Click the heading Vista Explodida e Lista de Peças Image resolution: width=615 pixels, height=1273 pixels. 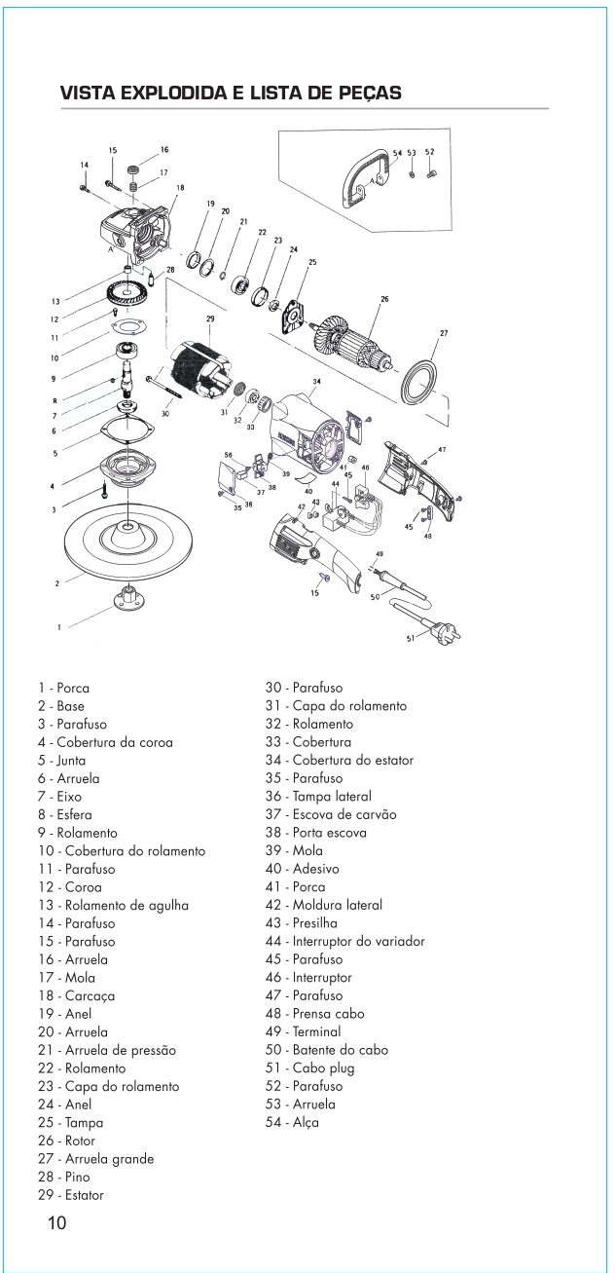click(x=231, y=94)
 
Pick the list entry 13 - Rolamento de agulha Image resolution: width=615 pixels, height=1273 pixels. click(x=114, y=905)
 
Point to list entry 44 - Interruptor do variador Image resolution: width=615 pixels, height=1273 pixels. click(x=344, y=941)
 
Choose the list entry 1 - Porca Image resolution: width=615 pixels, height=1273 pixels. click(x=64, y=688)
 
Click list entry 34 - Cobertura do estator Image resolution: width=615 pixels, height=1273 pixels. click(x=340, y=760)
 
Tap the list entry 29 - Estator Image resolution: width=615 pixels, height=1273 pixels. click(x=71, y=1194)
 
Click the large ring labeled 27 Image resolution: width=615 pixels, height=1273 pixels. click(x=424, y=380)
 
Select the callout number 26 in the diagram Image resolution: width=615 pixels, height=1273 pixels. click(x=384, y=300)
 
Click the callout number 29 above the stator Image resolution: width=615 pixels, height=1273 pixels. click(x=208, y=319)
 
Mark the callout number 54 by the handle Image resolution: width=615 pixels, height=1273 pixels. click(x=397, y=154)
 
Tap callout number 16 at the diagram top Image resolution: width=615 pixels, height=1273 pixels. click(x=164, y=150)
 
